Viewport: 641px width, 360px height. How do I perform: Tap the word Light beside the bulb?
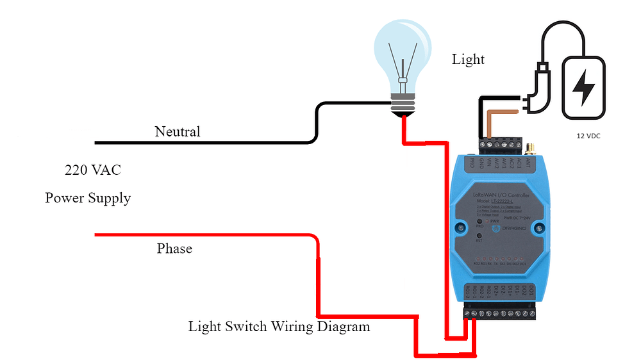tap(468, 60)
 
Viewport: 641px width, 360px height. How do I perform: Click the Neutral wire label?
tap(178, 132)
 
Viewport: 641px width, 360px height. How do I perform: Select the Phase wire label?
tap(174, 249)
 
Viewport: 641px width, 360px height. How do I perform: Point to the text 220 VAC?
tap(93, 171)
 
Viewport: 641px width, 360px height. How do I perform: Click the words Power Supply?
tap(88, 198)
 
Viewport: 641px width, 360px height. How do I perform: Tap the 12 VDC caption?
tap(587, 136)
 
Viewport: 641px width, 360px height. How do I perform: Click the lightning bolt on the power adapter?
tap(583, 88)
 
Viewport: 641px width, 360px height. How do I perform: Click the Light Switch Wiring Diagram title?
tap(279, 327)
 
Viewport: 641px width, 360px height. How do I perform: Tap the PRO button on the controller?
tap(479, 223)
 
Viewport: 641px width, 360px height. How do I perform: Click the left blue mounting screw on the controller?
tap(460, 227)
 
